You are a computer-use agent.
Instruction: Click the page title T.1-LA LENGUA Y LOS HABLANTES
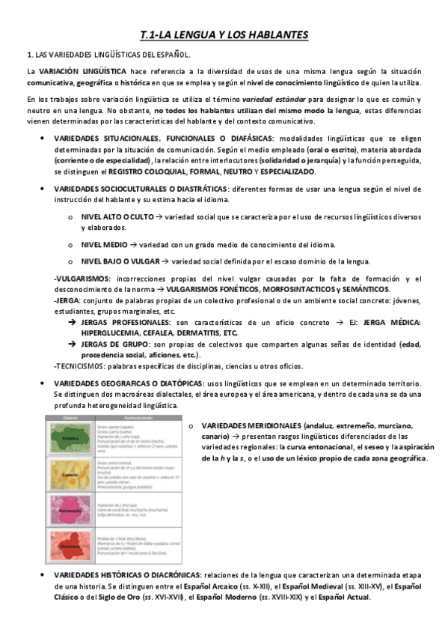(x=224, y=35)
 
